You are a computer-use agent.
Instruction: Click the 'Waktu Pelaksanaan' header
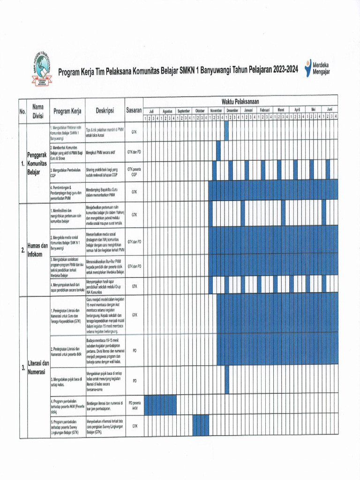(240, 102)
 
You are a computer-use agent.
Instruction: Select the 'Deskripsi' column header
(105, 111)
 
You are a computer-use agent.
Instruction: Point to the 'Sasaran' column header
(134, 111)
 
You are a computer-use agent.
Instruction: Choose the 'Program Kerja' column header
(67, 111)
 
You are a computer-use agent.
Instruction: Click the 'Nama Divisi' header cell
(38, 111)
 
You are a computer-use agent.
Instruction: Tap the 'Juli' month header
(151, 111)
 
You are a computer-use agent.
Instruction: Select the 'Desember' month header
(232, 111)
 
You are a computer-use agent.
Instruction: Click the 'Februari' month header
(265, 111)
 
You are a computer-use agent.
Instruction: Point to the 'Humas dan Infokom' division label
(37, 250)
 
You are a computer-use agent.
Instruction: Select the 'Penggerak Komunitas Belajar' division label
(37, 164)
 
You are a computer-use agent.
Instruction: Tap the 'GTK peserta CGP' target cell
(134, 171)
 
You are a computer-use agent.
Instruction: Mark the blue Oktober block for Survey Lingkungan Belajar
(201, 426)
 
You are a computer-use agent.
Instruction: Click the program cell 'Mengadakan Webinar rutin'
(67, 133)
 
